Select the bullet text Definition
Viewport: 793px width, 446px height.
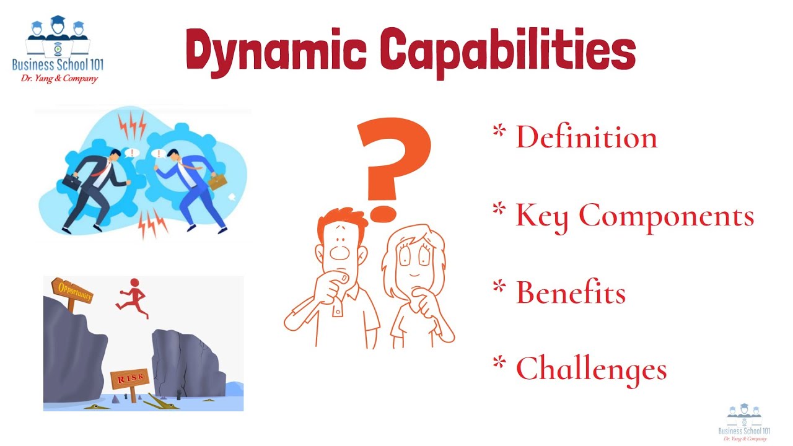pyautogui.click(x=586, y=137)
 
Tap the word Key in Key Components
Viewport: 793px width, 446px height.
pyautogui.click(x=541, y=216)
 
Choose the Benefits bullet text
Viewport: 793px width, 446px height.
pyautogui.click(x=571, y=292)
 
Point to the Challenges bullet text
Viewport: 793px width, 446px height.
pyautogui.click(x=591, y=369)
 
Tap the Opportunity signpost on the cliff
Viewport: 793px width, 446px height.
pyautogui.click(x=72, y=291)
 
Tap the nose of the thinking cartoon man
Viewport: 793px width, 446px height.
pyautogui.click(x=338, y=251)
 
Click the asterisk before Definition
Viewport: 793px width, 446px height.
pyautogui.click(x=498, y=131)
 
